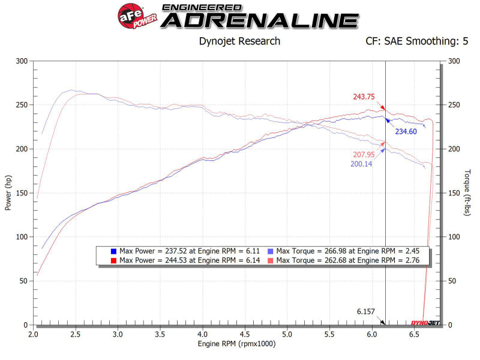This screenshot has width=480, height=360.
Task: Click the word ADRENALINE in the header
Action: click(x=260, y=20)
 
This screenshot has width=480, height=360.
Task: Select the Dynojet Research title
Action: click(x=239, y=41)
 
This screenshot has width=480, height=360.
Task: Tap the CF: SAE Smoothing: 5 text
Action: click(x=416, y=41)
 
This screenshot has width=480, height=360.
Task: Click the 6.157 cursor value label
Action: click(x=366, y=312)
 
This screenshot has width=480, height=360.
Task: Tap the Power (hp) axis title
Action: click(x=8, y=193)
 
